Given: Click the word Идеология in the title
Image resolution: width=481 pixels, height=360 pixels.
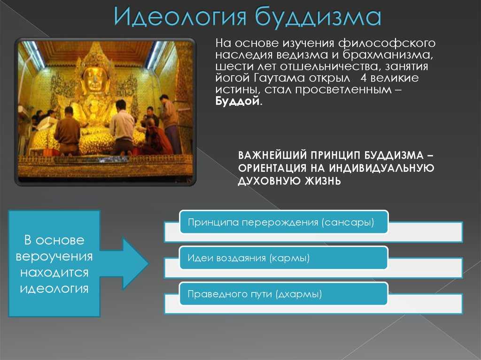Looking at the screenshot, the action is click(x=180, y=16).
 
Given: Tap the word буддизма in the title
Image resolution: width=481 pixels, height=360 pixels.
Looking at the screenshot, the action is click(x=318, y=16).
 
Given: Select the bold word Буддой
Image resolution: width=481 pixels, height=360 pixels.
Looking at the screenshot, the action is click(x=238, y=100).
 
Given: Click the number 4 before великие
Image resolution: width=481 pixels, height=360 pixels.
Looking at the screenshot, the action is click(x=364, y=77).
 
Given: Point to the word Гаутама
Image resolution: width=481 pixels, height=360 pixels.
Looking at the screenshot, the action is click(x=279, y=78).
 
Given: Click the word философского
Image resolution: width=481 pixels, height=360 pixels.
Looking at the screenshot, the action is click(x=387, y=44).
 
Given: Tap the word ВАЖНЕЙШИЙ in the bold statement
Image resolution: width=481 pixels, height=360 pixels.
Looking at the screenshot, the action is click(x=272, y=155).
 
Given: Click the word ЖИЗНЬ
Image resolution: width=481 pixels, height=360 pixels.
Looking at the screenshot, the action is click(x=323, y=181).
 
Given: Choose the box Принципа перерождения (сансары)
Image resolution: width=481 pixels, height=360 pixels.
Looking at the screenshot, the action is click(x=284, y=222).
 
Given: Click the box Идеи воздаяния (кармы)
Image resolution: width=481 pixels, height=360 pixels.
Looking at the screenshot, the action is click(x=284, y=258).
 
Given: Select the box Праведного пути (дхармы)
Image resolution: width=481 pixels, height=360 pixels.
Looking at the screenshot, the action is click(x=284, y=294).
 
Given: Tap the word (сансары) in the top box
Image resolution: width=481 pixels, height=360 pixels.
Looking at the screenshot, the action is click(x=348, y=222).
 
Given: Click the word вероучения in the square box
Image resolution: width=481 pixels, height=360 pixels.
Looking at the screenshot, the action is click(x=54, y=256).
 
